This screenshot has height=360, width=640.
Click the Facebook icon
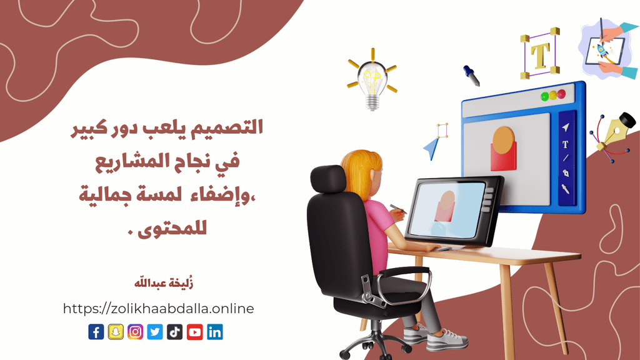[96, 332]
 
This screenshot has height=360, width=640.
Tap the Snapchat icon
[116, 332]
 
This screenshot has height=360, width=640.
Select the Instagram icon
[135, 332]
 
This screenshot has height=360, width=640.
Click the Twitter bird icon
[155, 332]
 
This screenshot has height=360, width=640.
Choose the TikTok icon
[175, 332]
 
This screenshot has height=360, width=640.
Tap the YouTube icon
[195, 332]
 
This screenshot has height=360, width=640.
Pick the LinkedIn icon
[215, 332]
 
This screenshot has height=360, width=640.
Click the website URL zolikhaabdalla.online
[158, 309]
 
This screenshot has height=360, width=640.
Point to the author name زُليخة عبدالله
[164, 282]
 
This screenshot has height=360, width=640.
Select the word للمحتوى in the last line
[172, 227]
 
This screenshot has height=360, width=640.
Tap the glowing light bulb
[372, 80]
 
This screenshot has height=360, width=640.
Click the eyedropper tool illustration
[471, 76]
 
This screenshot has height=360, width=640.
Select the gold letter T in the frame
[540, 54]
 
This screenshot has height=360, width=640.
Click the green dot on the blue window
[545, 97]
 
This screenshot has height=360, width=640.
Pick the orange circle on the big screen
[503, 140]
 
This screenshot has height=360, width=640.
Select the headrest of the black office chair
[328, 179]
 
